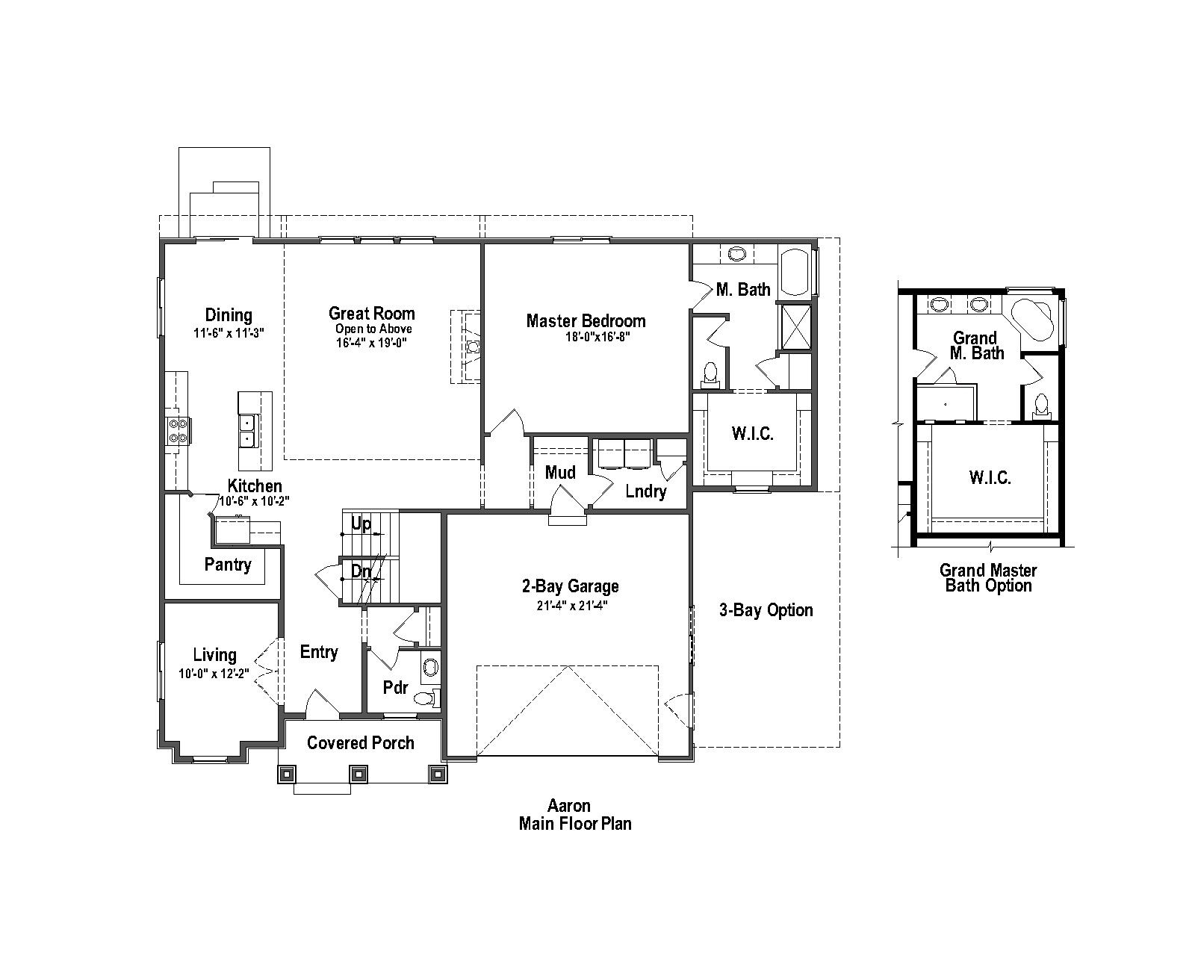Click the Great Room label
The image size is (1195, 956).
point(371,313)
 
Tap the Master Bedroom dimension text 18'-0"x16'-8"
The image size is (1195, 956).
point(597,336)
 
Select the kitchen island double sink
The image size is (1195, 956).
point(246,431)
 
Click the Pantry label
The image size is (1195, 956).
point(228,565)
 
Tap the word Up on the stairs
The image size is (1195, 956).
point(361,524)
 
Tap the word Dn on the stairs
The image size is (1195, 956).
point(361,571)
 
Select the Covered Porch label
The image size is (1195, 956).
point(360,742)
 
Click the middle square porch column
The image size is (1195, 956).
point(359,774)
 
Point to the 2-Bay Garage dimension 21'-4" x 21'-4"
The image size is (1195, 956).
point(571,606)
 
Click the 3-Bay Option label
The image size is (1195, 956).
point(766,610)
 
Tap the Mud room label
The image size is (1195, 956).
point(560,472)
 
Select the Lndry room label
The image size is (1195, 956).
point(645,491)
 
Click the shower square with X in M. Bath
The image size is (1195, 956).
point(794,326)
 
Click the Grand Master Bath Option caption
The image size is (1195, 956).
point(988,578)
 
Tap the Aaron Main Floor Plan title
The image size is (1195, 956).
point(574,815)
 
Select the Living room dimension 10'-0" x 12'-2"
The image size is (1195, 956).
point(214,673)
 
